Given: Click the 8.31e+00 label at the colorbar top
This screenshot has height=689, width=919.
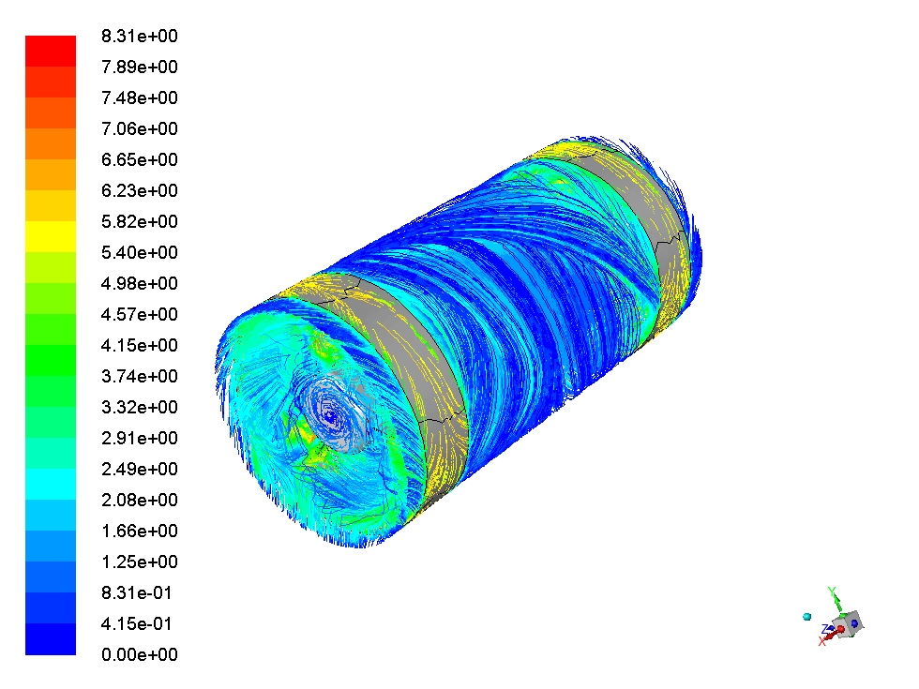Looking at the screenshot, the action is click(x=140, y=37).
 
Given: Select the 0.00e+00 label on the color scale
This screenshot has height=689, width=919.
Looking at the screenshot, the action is click(x=140, y=654).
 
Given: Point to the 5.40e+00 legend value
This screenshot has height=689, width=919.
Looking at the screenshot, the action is click(x=140, y=252).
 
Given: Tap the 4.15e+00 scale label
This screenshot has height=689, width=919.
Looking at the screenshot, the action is click(x=140, y=345).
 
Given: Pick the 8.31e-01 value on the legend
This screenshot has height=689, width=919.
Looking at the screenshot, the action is click(x=137, y=592).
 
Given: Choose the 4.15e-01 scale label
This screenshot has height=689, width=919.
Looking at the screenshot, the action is click(x=137, y=624).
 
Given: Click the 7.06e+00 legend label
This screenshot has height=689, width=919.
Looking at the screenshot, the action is click(x=140, y=129).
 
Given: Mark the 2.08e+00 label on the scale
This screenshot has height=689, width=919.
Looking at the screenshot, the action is click(x=140, y=500).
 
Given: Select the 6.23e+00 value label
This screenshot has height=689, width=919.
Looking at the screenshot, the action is click(x=140, y=190).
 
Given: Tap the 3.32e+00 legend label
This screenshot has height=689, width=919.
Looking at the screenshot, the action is click(x=140, y=407).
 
